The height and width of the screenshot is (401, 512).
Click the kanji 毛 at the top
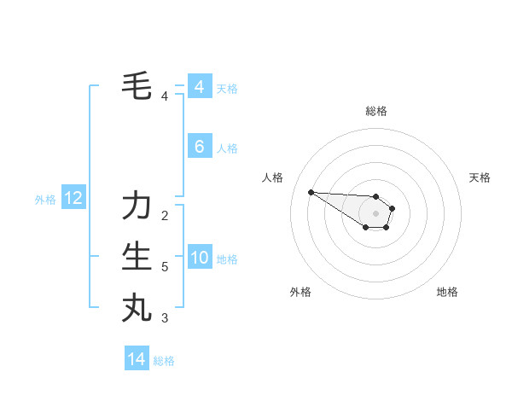(x=137, y=85)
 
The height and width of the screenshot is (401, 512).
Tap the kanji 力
(x=137, y=206)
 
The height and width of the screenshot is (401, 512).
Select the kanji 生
(x=137, y=257)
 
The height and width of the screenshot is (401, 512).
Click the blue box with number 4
(x=199, y=87)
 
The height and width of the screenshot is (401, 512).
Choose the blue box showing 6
(x=199, y=147)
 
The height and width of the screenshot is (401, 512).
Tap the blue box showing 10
(x=199, y=258)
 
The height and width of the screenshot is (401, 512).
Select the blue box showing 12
(x=73, y=199)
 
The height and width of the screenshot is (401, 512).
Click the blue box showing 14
(x=137, y=359)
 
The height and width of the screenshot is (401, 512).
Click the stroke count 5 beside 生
(x=165, y=267)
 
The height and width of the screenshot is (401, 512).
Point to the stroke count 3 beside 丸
(x=165, y=318)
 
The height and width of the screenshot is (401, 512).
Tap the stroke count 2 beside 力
(x=165, y=215)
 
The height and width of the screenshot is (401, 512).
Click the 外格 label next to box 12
(x=45, y=200)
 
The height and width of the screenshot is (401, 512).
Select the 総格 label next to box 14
(x=164, y=361)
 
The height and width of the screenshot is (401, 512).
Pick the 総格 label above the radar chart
(x=376, y=111)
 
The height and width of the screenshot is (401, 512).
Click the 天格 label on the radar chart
(x=480, y=177)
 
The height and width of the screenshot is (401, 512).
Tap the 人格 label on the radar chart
(x=273, y=177)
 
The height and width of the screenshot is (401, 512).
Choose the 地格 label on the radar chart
(x=447, y=292)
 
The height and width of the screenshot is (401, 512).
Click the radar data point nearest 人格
(x=311, y=192)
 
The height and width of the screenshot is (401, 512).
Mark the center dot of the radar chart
(x=376, y=213)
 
